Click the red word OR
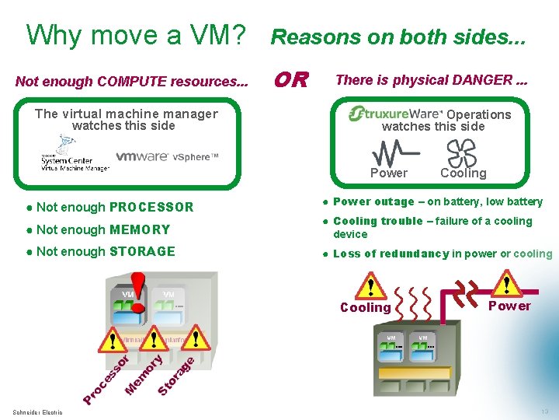click(292, 79)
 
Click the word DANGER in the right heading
click(483, 79)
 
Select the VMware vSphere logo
click(167, 156)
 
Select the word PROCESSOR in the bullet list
click(151, 207)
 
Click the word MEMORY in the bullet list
click(140, 229)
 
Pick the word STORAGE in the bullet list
click(142, 251)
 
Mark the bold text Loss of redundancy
click(391, 254)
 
